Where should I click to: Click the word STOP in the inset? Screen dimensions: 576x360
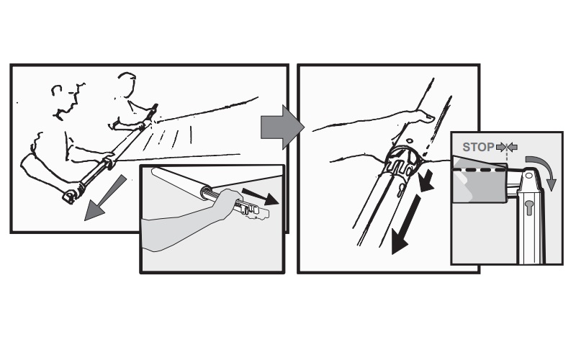click(x=478, y=147)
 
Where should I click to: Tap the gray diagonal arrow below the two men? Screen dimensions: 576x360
click(x=104, y=199)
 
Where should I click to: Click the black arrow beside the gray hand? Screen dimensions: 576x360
click(x=260, y=197)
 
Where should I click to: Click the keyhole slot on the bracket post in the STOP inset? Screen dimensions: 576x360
click(x=529, y=208)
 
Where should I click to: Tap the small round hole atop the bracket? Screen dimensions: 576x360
click(x=529, y=176)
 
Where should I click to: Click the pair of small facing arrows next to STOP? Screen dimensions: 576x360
click(x=507, y=148)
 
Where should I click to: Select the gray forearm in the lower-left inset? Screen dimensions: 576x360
click(x=184, y=225)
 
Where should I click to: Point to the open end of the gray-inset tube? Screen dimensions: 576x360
click(x=206, y=192)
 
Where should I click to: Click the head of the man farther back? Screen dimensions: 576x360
click(x=127, y=84)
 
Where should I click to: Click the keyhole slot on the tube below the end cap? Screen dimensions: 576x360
click(x=400, y=189)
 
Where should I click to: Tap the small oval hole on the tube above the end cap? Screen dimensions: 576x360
click(x=409, y=140)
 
